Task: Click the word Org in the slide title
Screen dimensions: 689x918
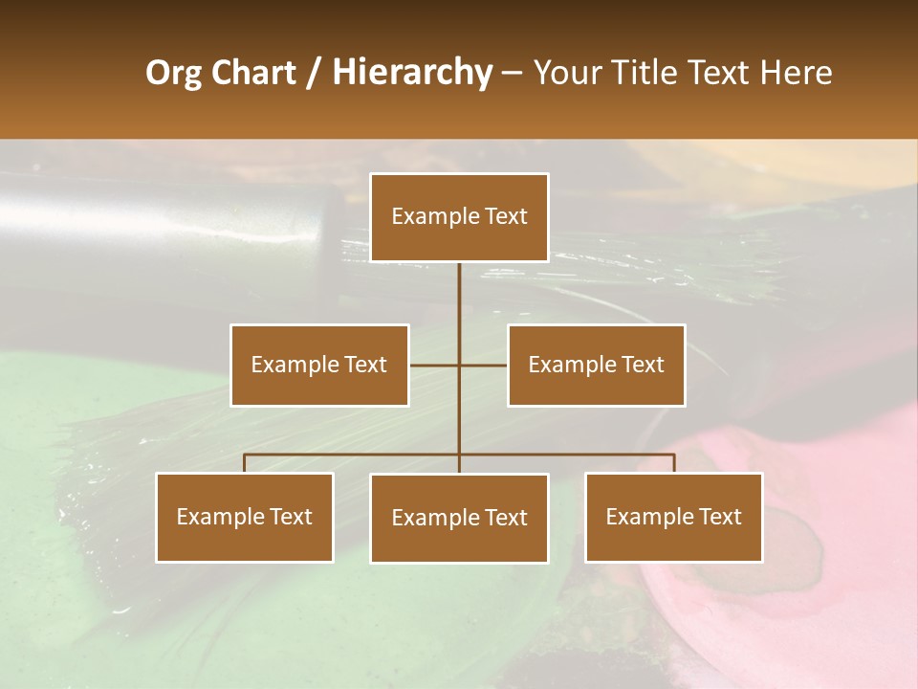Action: [x=173, y=73]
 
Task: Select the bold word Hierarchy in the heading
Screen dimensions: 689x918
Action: [x=411, y=73]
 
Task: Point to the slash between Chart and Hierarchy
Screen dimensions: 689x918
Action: [x=315, y=73]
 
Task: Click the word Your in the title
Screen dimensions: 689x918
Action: [x=564, y=73]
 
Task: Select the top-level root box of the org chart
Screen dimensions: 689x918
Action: [x=459, y=217]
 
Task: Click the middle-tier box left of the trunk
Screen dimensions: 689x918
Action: [x=319, y=365]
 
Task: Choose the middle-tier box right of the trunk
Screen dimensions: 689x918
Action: [x=597, y=365]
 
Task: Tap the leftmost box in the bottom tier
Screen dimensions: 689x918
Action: [x=245, y=517]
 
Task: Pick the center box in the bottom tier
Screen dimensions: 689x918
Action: [x=459, y=518]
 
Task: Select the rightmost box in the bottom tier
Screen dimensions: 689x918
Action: [x=674, y=517]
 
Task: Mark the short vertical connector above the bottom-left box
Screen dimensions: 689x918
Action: [x=245, y=463]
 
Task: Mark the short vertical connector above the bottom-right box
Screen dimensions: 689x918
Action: [x=674, y=463]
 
